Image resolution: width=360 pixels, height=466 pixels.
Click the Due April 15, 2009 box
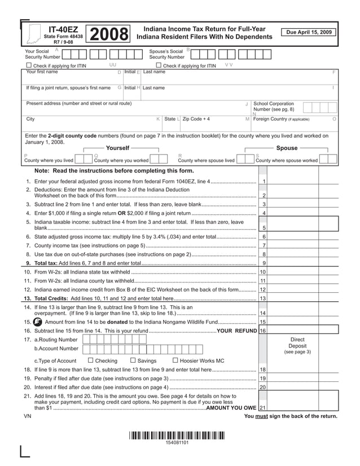(x=309, y=32)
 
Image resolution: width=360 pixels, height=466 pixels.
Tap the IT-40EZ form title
(x=64, y=29)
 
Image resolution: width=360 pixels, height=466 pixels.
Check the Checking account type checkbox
(x=91, y=361)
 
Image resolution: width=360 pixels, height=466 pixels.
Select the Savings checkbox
(x=133, y=361)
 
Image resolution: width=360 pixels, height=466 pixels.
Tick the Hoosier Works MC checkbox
(x=175, y=361)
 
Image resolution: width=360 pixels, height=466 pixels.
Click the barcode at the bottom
(x=177, y=435)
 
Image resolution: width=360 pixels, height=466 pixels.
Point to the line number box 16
(x=263, y=331)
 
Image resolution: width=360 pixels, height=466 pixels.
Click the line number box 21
(x=263, y=407)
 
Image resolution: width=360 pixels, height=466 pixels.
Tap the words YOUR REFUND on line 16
(x=237, y=331)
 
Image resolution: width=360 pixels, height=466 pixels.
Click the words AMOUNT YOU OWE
(x=231, y=407)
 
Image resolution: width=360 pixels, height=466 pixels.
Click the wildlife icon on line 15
(x=38, y=322)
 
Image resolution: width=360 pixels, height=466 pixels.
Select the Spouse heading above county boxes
(x=287, y=148)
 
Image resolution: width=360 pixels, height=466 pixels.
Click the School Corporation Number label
(x=274, y=107)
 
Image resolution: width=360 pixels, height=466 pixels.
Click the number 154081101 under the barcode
(x=177, y=443)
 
